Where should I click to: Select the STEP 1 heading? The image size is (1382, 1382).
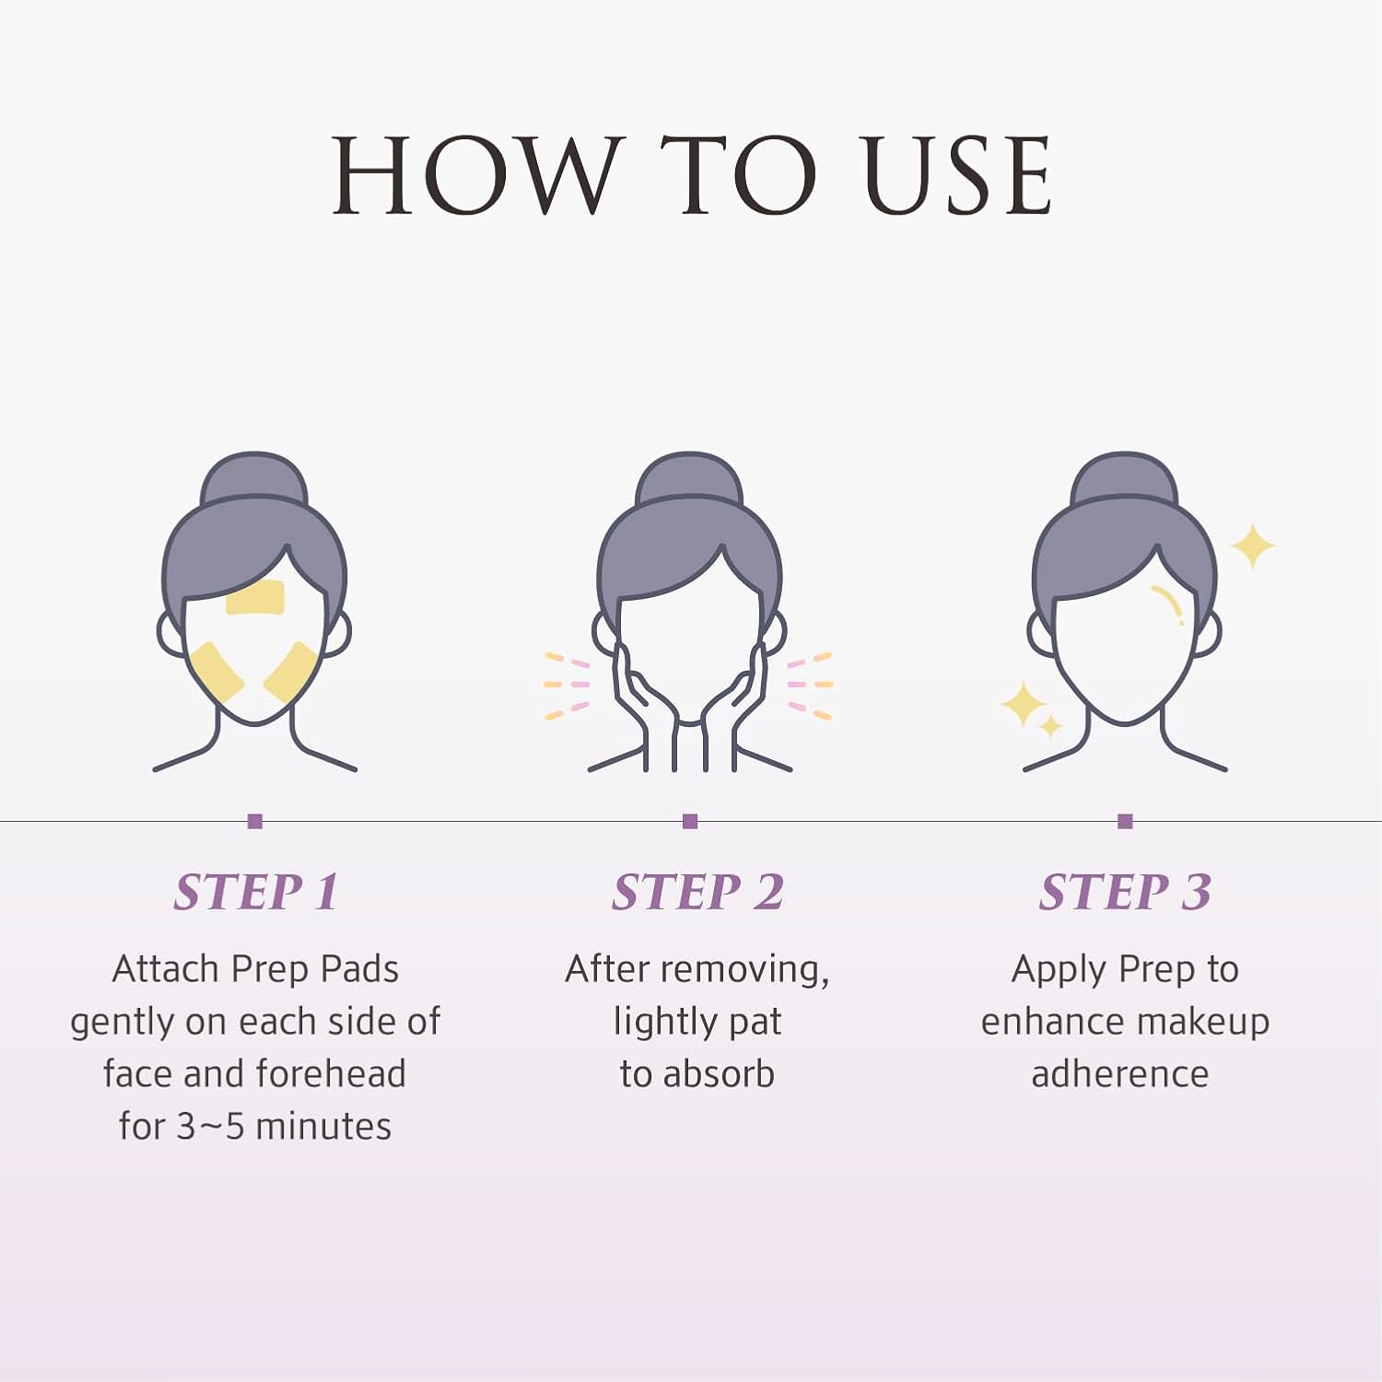point(256,892)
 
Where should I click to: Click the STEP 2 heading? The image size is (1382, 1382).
point(697,892)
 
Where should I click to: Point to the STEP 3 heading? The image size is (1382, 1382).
point(1125,892)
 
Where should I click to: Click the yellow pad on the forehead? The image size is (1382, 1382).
point(255,598)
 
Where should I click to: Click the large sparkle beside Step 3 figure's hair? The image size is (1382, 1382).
point(1253,546)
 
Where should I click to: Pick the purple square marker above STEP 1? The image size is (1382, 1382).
point(255,821)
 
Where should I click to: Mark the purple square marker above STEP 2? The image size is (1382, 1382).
point(690,821)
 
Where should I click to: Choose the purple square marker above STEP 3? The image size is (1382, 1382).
point(1125,821)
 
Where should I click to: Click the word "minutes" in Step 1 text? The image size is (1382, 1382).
point(323,1127)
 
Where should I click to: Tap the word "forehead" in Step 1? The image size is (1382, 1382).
point(331,1073)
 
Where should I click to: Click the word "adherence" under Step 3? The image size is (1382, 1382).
point(1120,1074)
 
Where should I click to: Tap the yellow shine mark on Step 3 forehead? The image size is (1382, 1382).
point(1170,603)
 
